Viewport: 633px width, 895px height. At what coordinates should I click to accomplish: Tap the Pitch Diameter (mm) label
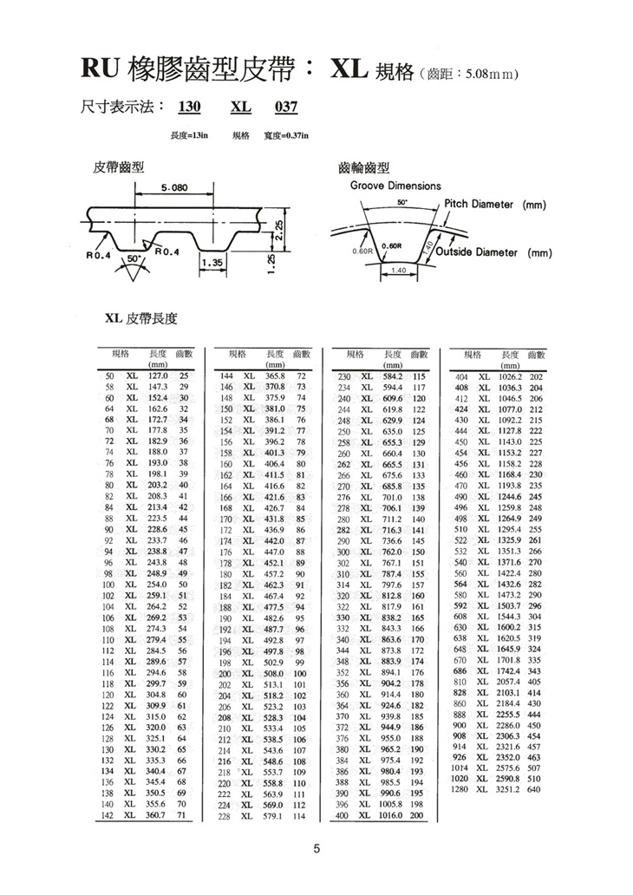(494, 205)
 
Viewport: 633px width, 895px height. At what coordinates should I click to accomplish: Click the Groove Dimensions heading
(395, 186)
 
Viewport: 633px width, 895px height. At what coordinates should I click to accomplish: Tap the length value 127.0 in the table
(157, 376)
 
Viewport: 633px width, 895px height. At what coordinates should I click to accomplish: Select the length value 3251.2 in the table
(507, 789)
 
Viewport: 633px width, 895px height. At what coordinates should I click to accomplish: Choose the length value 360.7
(157, 815)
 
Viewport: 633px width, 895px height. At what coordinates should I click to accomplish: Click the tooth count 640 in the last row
(534, 789)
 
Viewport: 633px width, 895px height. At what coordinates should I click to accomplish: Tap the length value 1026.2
(507, 377)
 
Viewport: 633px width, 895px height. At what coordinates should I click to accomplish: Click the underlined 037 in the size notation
(286, 108)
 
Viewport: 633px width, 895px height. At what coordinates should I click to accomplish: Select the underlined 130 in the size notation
(189, 108)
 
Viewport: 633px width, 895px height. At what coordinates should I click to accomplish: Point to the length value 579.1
(274, 815)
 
